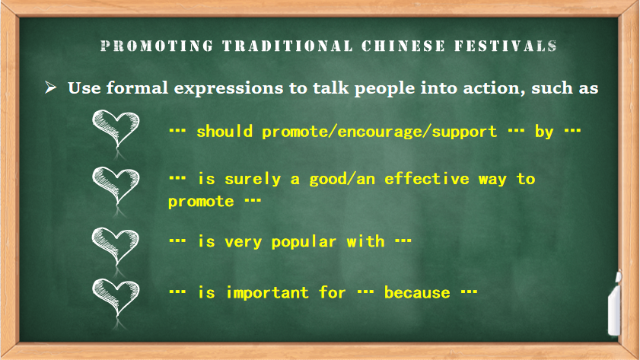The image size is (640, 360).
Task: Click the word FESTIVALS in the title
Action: pos(506,46)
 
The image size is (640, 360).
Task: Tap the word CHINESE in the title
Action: pos(403,46)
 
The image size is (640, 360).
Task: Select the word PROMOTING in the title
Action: pos(157,46)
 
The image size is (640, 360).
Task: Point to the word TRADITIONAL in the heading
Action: pos(288,46)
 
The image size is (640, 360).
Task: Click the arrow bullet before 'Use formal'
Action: pos(51,87)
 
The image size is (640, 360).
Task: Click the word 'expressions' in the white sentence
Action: pos(228,89)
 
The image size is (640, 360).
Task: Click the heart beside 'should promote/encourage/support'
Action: pos(116,130)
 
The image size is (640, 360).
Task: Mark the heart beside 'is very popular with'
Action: pos(116,247)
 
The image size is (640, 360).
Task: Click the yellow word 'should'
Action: pos(224,132)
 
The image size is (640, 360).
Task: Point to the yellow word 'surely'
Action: pos(253,180)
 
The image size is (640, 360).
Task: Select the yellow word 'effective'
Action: pos(426,179)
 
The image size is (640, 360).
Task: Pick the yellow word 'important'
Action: pos(267,293)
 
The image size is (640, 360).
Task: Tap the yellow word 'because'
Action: pos(417,293)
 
